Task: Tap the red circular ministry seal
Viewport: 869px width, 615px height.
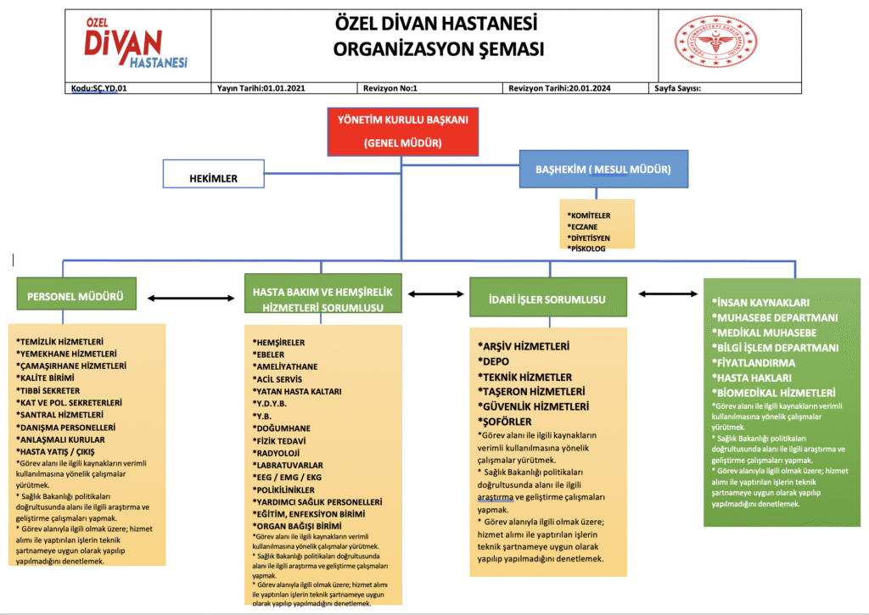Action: click(715, 42)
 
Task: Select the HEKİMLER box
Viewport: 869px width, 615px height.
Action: click(213, 178)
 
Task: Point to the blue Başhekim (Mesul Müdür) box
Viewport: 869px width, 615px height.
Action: click(603, 170)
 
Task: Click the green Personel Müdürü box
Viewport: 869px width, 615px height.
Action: click(76, 298)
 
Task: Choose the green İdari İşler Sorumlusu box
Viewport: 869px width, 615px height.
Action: click(548, 299)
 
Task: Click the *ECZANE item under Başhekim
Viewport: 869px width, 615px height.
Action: click(585, 226)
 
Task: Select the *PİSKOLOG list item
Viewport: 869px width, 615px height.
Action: click(588, 249)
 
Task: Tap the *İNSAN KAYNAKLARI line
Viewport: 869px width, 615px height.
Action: click(760, 302)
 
